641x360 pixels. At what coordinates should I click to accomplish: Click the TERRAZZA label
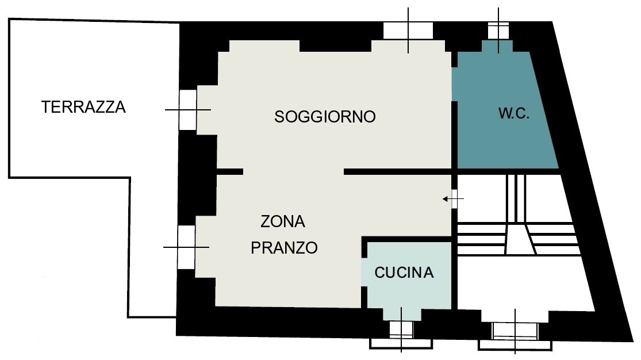[83, 107]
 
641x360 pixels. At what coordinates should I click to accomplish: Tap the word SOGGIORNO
[325, 117]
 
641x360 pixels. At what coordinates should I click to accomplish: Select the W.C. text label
[514, 113]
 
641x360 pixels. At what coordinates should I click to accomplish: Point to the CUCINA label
[404, 273]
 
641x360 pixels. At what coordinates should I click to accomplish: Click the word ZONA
[283, 222]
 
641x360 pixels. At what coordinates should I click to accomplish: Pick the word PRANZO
[284, 248]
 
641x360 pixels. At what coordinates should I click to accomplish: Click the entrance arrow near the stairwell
[453, 199]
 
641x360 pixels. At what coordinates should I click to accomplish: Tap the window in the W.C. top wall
[498, 31]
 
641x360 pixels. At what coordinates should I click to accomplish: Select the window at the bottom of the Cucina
[401, 330]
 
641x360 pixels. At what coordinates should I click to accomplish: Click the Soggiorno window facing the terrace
[188, 110]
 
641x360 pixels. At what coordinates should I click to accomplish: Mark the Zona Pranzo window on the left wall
[186, 247]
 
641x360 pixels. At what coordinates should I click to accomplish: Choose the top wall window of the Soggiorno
[408, 31]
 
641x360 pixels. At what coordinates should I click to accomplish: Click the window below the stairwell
[515, 331]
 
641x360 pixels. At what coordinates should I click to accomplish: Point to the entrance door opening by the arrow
[454, 199]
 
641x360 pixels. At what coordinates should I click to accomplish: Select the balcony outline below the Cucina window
[401, 344]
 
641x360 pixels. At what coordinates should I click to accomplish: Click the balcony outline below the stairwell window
[515, 345]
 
